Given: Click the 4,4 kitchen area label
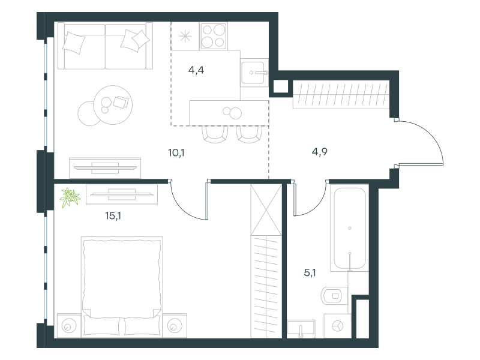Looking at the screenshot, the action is coord(196,70).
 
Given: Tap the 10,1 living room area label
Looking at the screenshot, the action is coord(176,152).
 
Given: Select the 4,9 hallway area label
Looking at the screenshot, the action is coord(320,152).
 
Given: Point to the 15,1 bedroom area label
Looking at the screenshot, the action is coord(113,216).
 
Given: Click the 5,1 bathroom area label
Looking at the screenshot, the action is coord(310,272).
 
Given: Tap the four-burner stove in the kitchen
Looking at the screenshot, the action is coord(214,36).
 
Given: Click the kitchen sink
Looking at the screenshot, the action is coord(254,73).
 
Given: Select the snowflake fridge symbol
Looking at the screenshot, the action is coord(185,37).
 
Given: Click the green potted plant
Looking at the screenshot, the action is coord(70,197).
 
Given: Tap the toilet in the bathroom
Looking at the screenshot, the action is coord(334,296).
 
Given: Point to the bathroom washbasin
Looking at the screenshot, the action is coord(301,329).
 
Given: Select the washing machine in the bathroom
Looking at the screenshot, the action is coord(337,326).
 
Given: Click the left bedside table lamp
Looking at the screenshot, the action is coord(68,326).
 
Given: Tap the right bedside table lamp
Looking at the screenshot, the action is coord(175,326).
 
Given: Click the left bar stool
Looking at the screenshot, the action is coord(215,134).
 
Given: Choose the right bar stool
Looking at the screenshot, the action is coord(249,134).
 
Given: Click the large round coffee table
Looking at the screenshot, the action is coord(113,105).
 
